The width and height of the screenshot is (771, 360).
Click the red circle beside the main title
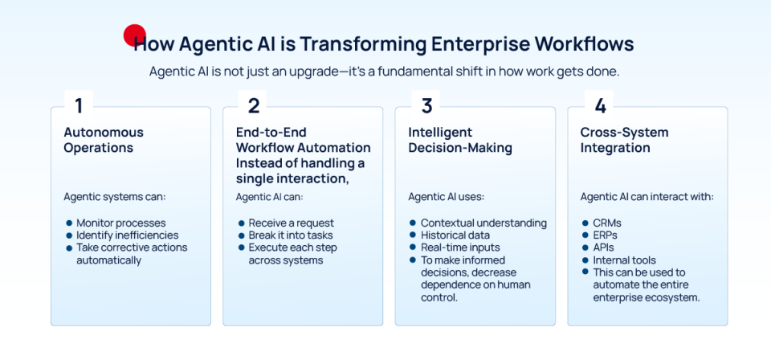pyautogui.click(x=133, y=35)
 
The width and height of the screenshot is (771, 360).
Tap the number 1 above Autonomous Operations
pyautogui.click(x=79, y=105)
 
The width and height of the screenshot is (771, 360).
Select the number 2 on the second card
pyautogui.click(x=253, y=105)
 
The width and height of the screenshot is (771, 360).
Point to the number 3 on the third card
pyautogui.click(x=426, y=105)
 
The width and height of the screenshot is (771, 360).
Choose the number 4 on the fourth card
pyautogui.click(x=599, y=105)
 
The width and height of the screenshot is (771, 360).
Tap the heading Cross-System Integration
pyautogui.click(x=624, y=140)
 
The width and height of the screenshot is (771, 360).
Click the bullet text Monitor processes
pyautogui.click(x=120, y=223)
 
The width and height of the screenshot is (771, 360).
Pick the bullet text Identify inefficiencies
pyautogui.click(x=128, y=235)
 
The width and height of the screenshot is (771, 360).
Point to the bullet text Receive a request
pyautogui.click(x=291, y=223)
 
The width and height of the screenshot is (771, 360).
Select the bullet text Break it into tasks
pyautogui.click(x=292, y=235)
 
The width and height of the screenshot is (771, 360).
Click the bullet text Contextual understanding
pyautogui.click(x=483, y=223)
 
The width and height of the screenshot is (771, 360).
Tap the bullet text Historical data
pyautogui.click(x=455, y=235)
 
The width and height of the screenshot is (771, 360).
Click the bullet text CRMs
pyautogui.click(x=608, y=223)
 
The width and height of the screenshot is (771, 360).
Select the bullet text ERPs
pyautogui.click(x=607, y=235)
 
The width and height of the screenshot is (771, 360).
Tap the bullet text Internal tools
pyautogui.click(x=624, y=260)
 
